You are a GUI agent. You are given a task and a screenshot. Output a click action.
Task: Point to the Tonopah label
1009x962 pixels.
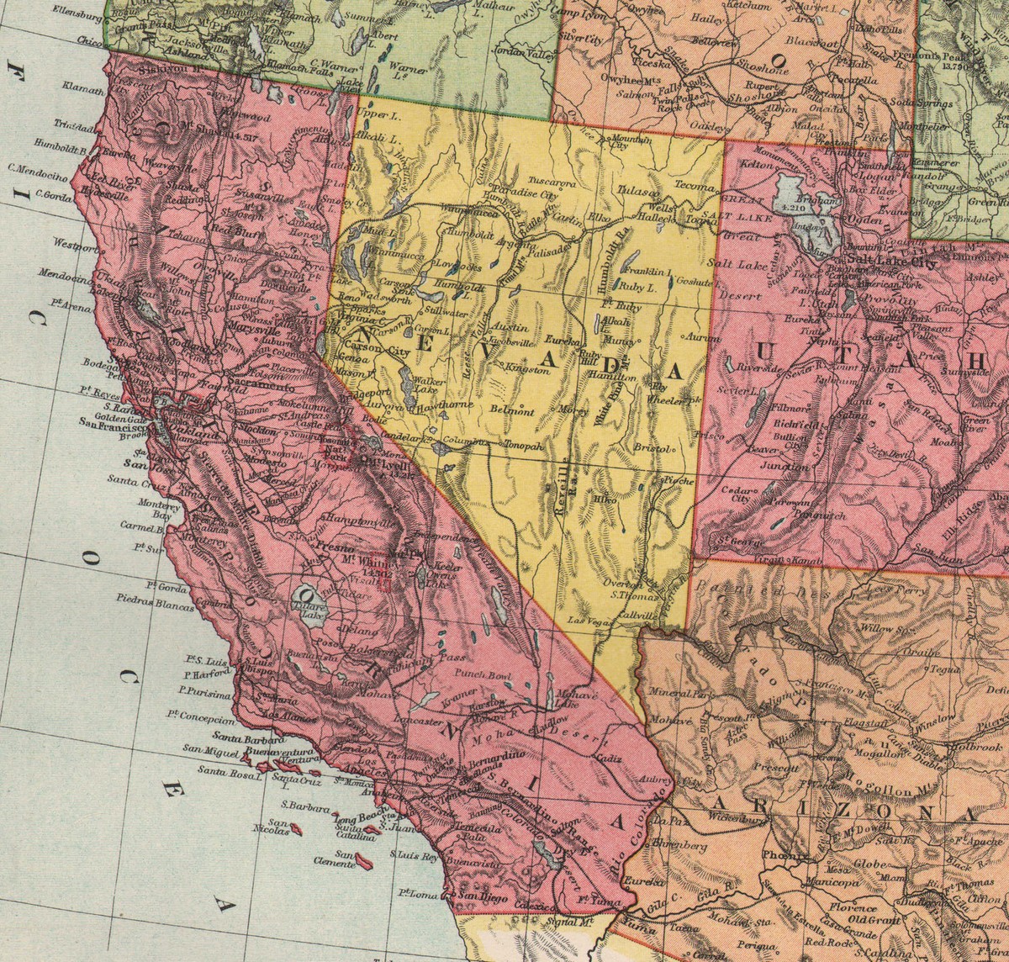click(525, 447)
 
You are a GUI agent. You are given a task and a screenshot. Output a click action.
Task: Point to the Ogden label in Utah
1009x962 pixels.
click(867, 218)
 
